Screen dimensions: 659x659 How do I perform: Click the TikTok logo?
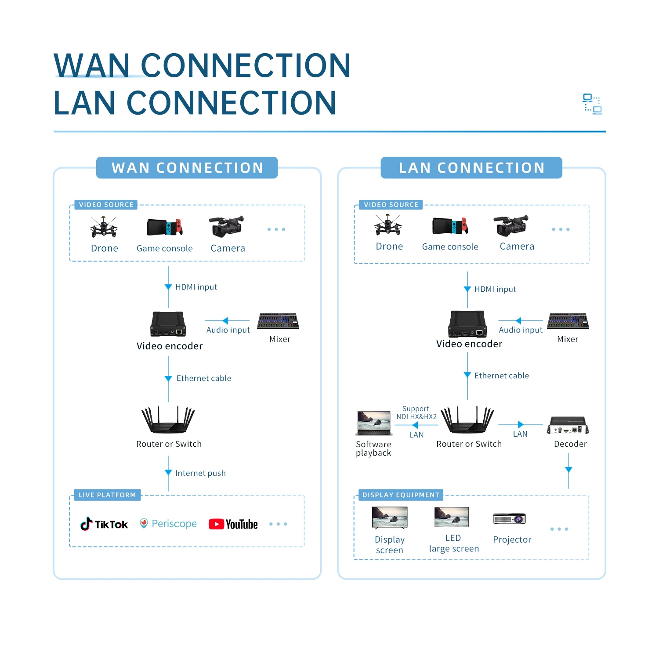click(x=104, y=524)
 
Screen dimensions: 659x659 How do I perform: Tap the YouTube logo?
click(x=233, y=524)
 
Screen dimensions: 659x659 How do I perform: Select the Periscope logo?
click(x=168, y=524)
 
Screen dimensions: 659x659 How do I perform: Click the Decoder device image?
click(x=568, y=425)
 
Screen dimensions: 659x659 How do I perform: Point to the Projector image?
click(x=510, y=519)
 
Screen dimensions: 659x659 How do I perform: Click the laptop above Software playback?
click(x=374, y=423)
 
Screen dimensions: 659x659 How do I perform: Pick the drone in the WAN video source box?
click(x=104, y=227)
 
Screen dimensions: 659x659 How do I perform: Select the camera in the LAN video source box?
click(x=511, y=226)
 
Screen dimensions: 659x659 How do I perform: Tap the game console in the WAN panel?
click(x=164, y=227)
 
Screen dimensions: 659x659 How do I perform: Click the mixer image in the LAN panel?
click(x=568, y=321)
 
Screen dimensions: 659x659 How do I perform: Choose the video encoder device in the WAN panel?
click(x=168, y=324)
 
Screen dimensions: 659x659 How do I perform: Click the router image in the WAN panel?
click(x=168, y=420)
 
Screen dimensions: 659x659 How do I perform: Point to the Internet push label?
click(x=200, y=473)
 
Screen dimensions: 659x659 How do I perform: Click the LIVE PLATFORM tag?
click(x=107, y=495)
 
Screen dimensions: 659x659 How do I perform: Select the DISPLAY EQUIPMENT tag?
click(x=400, y=495)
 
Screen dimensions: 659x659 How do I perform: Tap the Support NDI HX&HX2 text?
click(x=416, y=413)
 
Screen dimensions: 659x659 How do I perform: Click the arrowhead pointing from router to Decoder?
click(x=521, y=424)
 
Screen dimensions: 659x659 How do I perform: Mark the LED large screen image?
click(x=452, y=517)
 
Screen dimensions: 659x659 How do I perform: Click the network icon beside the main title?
click(x=592, y=104)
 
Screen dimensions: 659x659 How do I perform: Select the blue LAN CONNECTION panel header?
click(x=471, y=168)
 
